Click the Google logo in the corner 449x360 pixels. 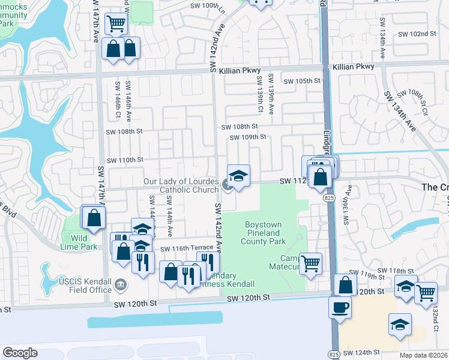coord(20,352)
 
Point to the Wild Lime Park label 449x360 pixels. coord(79,242)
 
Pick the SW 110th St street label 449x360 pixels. coord(125,160)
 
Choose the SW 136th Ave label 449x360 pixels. coord(347,204)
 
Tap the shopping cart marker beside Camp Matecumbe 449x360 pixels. coord(310,263)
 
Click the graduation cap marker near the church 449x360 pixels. coord(238,176)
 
